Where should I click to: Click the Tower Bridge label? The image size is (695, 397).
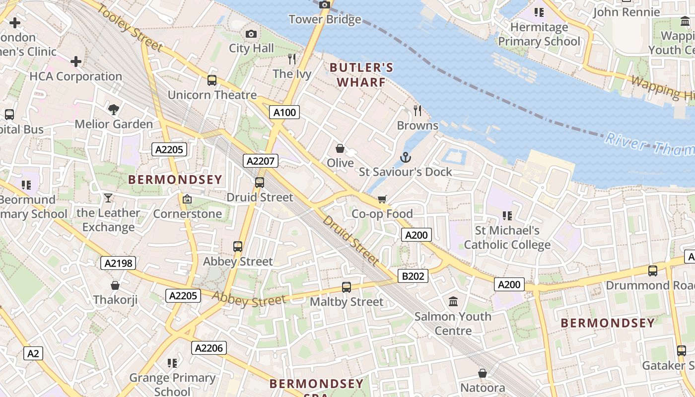click(325, 19)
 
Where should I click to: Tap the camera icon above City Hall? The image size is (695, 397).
click(251, 34)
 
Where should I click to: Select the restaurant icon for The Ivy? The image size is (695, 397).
click(292, 59)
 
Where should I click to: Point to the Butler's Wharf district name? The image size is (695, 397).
click(361, 75)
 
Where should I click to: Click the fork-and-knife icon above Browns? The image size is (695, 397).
click(417, 110)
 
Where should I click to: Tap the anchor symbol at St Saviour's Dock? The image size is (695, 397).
click(406, 158)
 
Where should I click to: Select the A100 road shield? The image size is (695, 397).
click(285, 112)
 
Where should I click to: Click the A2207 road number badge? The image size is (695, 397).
click(261, 161)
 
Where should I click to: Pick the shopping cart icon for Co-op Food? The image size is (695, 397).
click(382, 199)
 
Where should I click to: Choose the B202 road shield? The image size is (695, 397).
click(413, 276)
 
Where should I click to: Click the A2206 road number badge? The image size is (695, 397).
click(209, 348)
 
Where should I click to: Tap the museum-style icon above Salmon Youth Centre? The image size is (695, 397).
click(453, 301)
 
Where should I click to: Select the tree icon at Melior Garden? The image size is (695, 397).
click(114, 109)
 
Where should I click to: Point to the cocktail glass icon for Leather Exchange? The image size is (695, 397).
click(108, 198)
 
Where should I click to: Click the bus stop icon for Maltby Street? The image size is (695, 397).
click(347, 287)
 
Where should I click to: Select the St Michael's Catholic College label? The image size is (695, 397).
click(507, 237)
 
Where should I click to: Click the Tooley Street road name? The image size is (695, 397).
click(129, 28)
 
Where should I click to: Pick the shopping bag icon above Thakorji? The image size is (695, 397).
click(115, 285)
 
